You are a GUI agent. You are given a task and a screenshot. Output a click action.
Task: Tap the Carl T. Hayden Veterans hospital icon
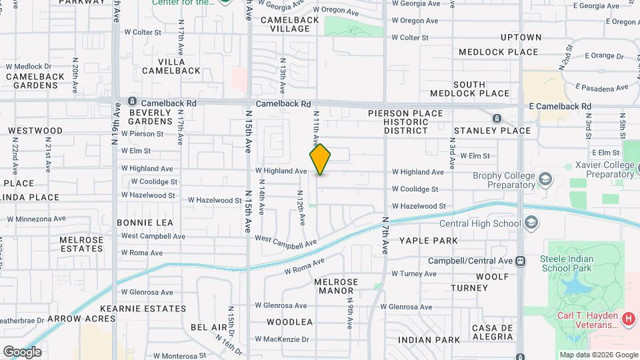click(627, 319)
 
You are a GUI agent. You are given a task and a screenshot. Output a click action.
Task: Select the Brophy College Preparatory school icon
click(546, 179)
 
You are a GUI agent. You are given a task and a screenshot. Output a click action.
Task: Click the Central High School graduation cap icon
click(531, 223)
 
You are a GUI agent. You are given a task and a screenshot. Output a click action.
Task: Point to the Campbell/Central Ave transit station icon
click(521, 261)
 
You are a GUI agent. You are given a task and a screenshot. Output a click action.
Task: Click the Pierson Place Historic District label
click(405, 122)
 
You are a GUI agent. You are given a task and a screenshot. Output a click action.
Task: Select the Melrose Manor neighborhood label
click(336, 287)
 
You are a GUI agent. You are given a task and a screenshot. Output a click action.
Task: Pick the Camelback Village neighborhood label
click(285, 25)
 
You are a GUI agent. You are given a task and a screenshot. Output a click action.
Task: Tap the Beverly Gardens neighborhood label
click(151, 117)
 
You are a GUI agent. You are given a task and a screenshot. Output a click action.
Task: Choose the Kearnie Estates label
click(143, 309)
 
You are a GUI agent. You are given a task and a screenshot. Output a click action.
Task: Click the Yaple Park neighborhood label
click(429, 241)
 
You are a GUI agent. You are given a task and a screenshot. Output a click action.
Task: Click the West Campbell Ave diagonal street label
click(285, 242)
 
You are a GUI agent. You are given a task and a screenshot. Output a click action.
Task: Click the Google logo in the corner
click(22, 352)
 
